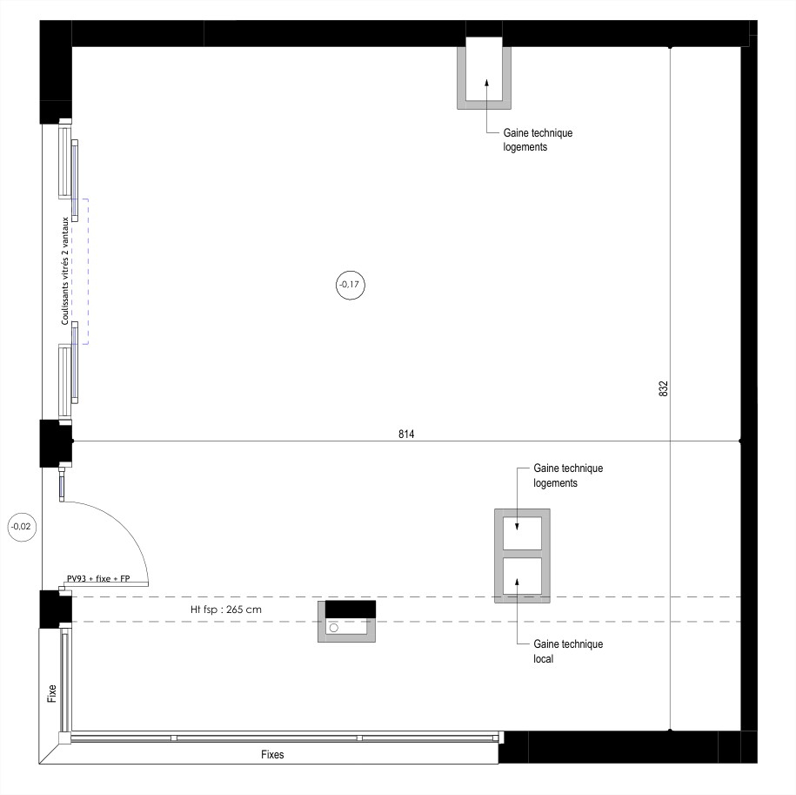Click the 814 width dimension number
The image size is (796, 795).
[406, 434]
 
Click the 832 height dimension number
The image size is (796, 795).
[663, 388]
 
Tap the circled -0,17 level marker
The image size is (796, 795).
[351, 285]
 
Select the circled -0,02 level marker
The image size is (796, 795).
[22, 527]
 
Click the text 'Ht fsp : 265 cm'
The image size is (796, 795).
[226, 610]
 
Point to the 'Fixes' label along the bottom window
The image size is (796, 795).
[272, 754]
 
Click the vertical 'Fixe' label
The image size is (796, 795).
[52, 693]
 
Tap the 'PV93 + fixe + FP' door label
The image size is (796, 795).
[98, 578]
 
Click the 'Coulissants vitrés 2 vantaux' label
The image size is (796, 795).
[65, 272]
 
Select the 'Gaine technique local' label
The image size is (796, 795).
[568, 651]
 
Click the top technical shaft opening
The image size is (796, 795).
[485, 69]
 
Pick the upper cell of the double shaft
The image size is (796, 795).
[522, 534]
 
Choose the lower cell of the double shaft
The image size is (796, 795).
[522, 576]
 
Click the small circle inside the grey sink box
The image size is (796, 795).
[333, 628]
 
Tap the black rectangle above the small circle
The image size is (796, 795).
[351, 609]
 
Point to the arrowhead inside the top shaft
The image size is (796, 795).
[486, 84]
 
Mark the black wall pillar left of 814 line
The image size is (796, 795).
[56, 443]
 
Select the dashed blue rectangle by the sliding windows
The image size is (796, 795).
[80, 272]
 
